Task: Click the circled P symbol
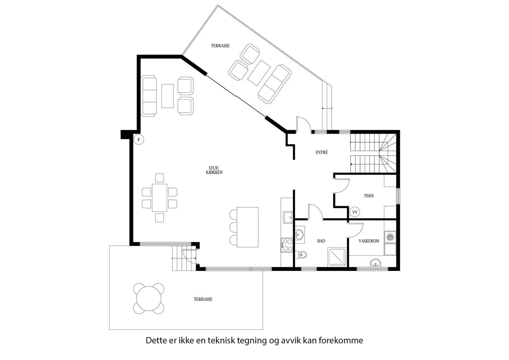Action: [x=139, y=140]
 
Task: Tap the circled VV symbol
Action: [x=355, y=212]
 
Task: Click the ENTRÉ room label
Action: [x=322, y=152]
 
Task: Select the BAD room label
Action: [x=321, y=241]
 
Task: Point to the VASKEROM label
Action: [x=369, y=241]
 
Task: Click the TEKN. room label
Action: [x=369, y=196]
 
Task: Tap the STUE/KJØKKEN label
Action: [x=214, y=170]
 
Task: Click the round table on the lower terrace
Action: [x=149, y=298]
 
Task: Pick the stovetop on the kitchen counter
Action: [x=287, y=245]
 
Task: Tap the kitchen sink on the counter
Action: [x=288, y=218]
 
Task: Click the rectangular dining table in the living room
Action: [x=159, y=197]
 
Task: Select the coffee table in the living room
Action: [x=167, y=96]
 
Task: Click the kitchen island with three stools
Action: [x=248, y=227]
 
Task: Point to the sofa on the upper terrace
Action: [x=275, y=84]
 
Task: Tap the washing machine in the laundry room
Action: [x=390, y=237]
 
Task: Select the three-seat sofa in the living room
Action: [x=149, y=96]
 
